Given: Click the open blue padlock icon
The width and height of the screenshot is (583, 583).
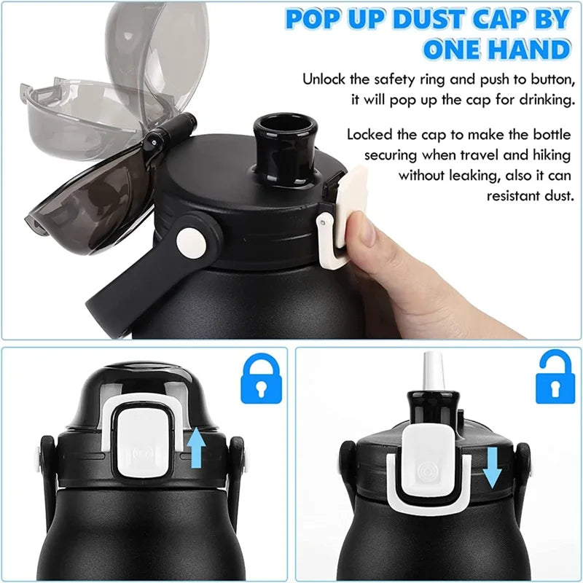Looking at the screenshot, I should (x=555, y=379).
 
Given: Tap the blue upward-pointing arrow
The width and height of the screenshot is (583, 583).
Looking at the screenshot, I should (x=195, y=447).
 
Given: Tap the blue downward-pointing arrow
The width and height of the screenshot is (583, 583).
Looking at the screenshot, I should (x=493, y=466).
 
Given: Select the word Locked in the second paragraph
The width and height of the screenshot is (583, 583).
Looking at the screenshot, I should (x=369, y=135).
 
